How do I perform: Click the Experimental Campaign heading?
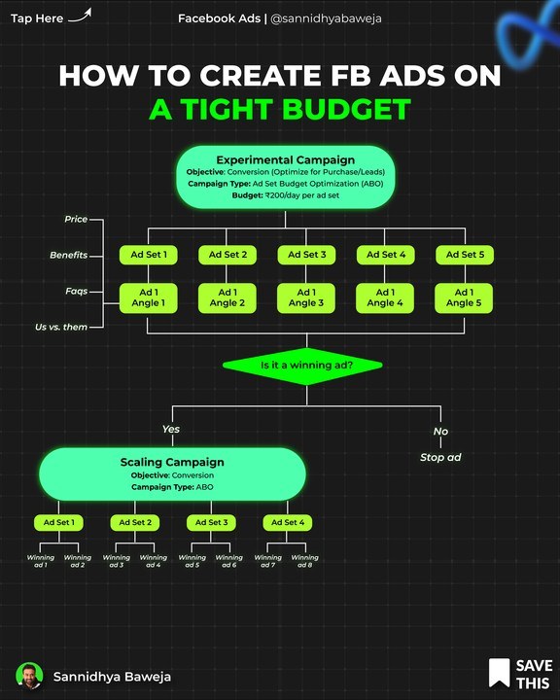[286, 159]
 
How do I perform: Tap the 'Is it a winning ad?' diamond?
[302, 366]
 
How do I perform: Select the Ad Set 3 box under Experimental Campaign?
[306, 255]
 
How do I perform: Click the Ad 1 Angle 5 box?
[464, 297]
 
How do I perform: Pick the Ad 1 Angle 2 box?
[227, 297]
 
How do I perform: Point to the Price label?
[76, 219]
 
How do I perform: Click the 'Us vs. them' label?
[61, 328]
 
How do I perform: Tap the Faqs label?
[77, 292]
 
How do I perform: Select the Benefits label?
[69, 256]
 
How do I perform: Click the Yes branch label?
[171, 429]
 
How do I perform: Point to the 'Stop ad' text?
[440, 457]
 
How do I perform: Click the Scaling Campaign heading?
[172, 462]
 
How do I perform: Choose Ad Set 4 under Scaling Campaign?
[288, 522]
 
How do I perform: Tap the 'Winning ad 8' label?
[305, 561]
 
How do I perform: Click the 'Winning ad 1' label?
[41, 561]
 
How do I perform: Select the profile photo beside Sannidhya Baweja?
[29, 676]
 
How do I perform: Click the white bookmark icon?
[500, 673]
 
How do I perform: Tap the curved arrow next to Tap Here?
[80, 16]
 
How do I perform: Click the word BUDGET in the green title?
[346, 110]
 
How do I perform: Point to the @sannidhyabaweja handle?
[326, 18]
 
